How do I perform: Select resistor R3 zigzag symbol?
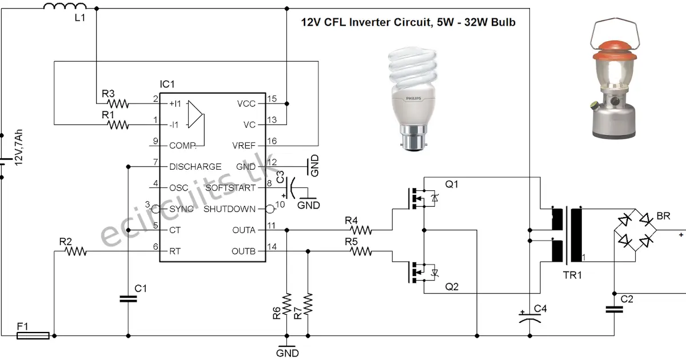(117, 103)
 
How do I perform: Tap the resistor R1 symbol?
(117, 124)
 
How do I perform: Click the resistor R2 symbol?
(74, 251)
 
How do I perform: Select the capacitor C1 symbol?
(128, 298)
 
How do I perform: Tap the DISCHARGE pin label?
(196, 167)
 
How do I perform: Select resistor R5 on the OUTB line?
(361, 251)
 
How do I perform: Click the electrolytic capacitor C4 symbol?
(530, 319)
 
